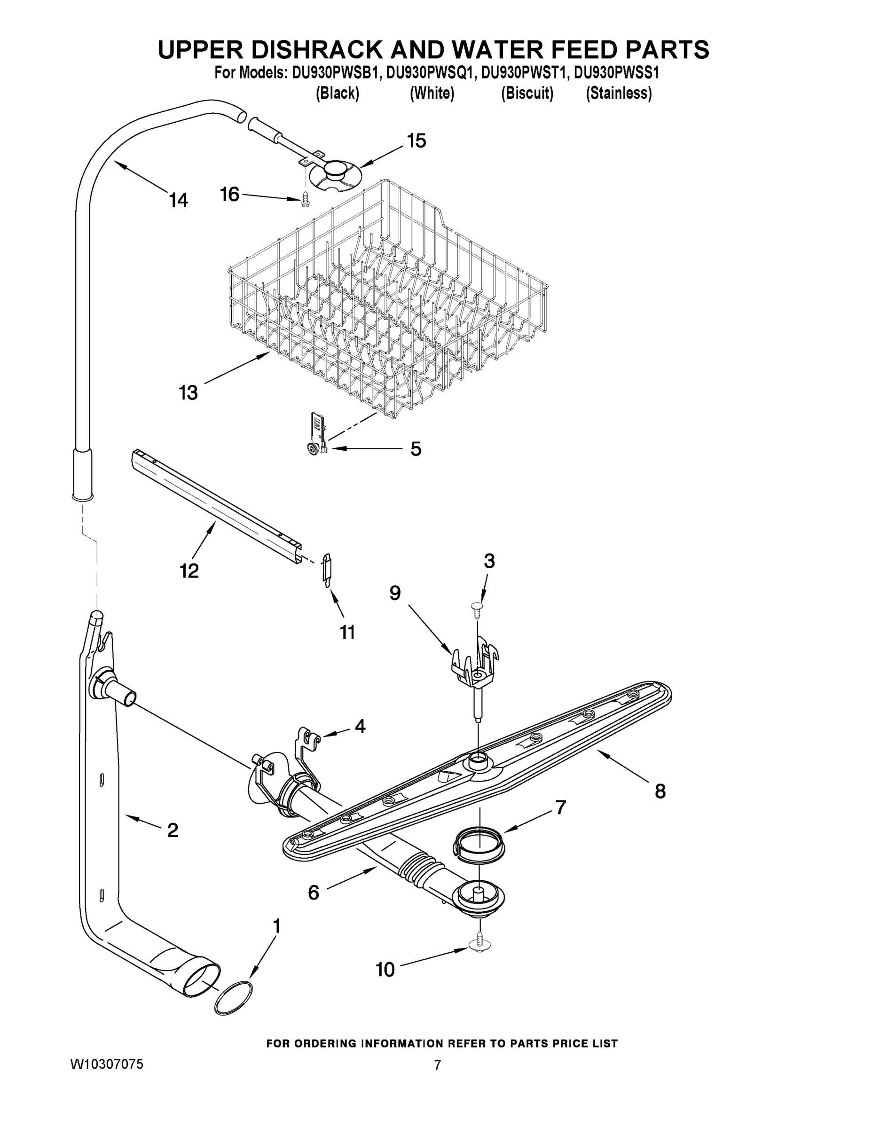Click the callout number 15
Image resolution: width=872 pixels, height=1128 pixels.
[x=416, y=141]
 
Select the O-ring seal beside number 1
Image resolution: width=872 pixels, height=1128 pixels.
[x=234, y=998]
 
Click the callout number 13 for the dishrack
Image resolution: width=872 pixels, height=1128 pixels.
[x=188, y=393]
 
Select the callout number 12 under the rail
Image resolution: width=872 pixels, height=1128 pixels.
[x=189, y=571]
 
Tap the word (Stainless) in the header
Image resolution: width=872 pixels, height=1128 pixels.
[x=618, y=94]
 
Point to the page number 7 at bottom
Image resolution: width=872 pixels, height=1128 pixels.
[x=437, y=1065]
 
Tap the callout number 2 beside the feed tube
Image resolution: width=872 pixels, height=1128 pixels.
[x=173, y=830]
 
